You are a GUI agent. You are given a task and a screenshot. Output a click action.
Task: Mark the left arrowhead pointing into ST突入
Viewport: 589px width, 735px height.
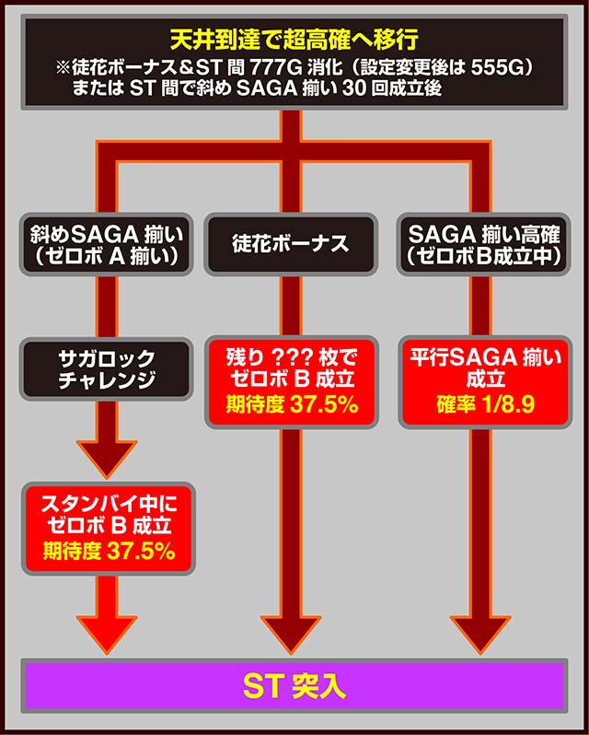pos(108,636)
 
